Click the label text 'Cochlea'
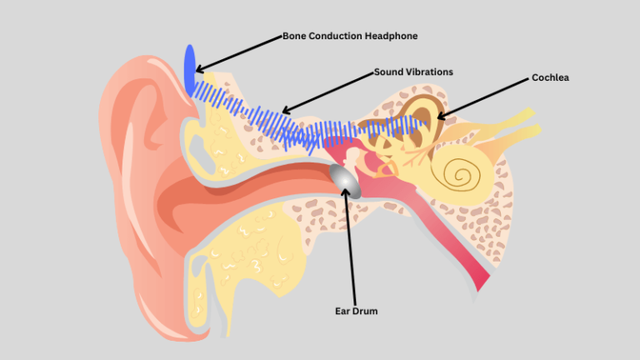pos(550,77)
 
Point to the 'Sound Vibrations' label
pos(413,72)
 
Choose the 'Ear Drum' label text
pos(356,312)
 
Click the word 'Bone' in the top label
pos(295,36)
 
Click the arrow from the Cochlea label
pos(483,97)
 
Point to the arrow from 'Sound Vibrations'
pos(328,91)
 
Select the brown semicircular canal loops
pos(417,117)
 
